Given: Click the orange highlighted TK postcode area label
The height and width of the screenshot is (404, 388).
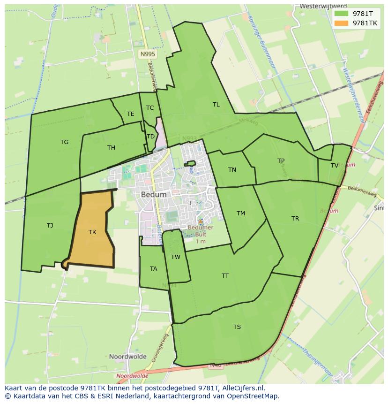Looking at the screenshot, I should [x=92, y=232].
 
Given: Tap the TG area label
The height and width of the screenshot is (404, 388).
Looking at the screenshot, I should [x=64, y=142].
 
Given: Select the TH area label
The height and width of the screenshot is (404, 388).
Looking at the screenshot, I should [x=111, y=148].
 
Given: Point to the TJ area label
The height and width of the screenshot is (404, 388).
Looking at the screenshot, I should [x=50, y=225].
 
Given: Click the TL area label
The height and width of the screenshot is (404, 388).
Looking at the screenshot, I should [x=216, y=105].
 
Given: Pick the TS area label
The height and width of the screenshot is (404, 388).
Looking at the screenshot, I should [x=237, y=327].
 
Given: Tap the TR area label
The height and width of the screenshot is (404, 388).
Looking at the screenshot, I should [x=295, y=219].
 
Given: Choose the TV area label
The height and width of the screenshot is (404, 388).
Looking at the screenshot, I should [x=335, y=165].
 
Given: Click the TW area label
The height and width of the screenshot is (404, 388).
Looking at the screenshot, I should [x=176, y=257].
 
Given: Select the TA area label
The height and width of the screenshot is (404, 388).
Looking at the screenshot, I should [x=154, y=269].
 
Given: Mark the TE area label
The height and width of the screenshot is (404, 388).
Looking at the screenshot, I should [x=131, y=114].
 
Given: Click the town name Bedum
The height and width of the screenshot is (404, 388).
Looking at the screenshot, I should [x=153, y=194].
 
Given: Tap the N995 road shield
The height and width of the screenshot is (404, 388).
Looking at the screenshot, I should [x=148, y=54].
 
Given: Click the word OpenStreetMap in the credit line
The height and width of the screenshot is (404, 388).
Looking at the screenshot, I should [x=253, y=396].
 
